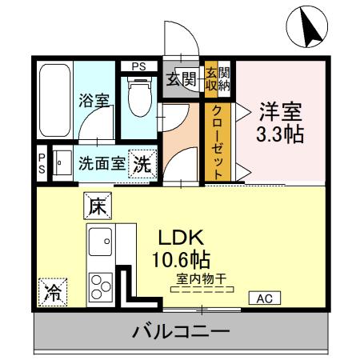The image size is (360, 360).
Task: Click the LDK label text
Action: click(182, 238)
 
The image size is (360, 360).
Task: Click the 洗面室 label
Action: click(101, 165)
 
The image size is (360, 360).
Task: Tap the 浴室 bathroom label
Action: click(93, 101)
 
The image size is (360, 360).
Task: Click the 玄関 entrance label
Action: click(182, 78)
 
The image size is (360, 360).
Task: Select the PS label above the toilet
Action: click(138, 66)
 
